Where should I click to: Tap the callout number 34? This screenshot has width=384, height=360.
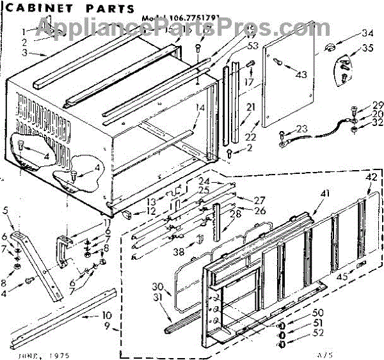[x=367, y=33]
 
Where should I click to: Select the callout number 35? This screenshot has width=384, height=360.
[x=367, y=48]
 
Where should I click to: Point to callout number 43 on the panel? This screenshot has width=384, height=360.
[x=301, y=75]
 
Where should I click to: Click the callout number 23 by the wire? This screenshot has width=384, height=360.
[x=301, y=129]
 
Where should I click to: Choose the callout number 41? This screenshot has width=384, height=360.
[x=325, y=192]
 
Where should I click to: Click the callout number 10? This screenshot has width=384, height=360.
[x=106, y=315]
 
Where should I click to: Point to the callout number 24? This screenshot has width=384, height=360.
[x=204, y=180]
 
